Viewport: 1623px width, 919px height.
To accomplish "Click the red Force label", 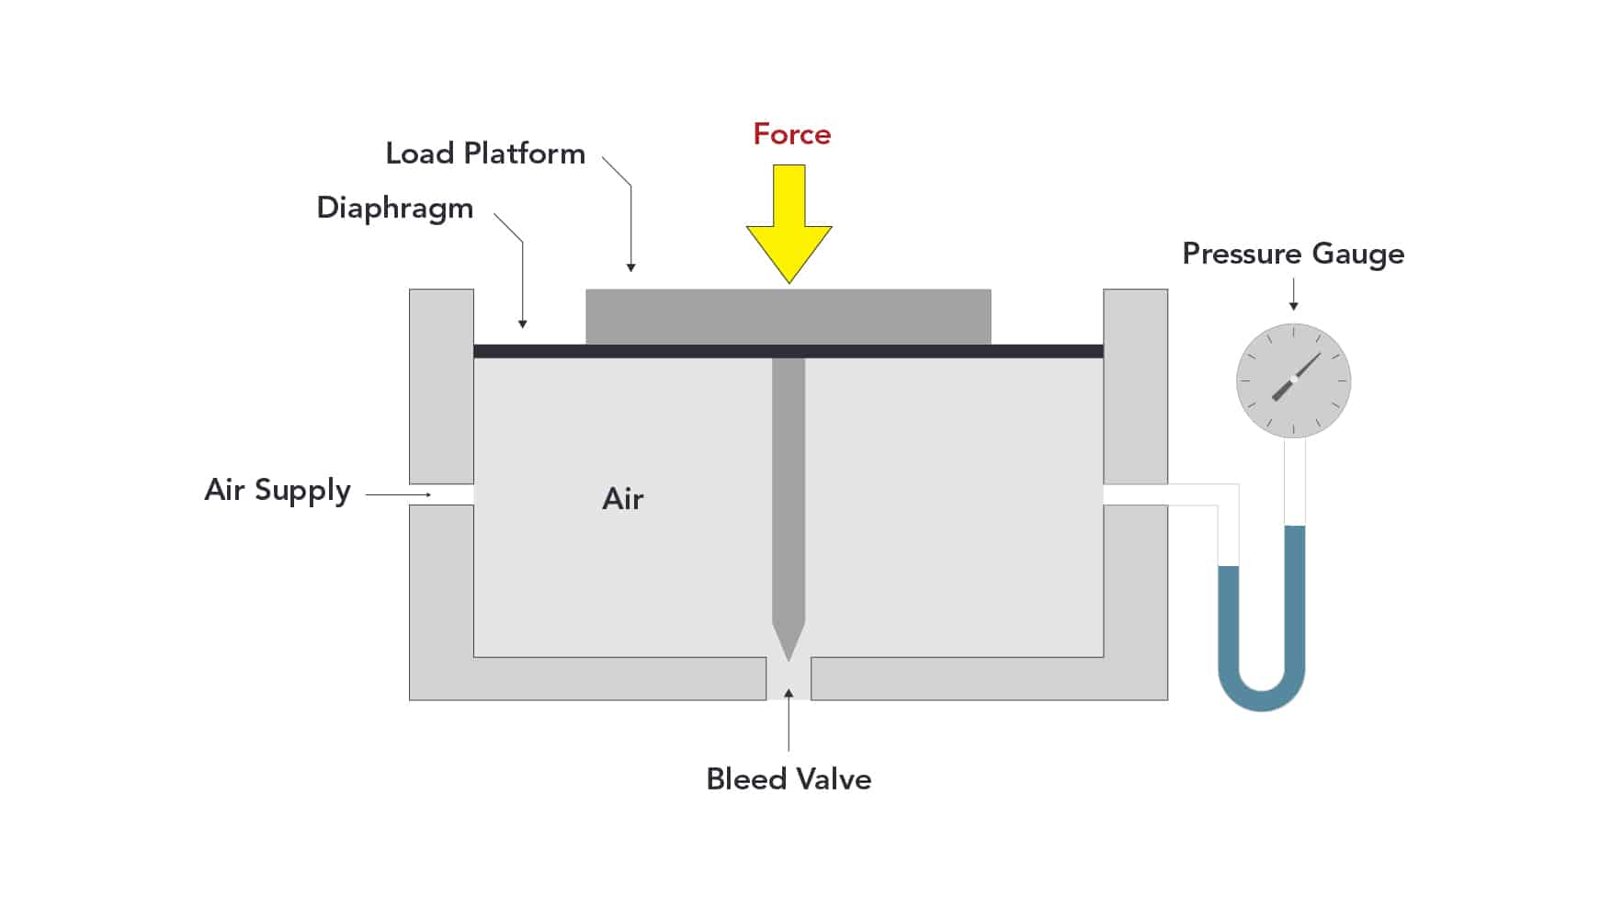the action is pos(791,134).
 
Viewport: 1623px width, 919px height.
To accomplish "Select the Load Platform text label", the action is pos(485,153).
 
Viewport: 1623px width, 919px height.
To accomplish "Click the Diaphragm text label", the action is pos(395,209).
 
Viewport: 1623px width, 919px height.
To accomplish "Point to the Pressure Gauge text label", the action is pos(1293,255).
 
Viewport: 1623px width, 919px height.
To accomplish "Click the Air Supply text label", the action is pos(278,491).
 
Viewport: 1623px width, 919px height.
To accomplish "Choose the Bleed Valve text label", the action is pos(789,779).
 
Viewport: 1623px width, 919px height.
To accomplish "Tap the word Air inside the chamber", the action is pos(623,499).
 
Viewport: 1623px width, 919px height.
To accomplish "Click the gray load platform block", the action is pos(789,317).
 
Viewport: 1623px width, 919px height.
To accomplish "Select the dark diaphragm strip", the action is pos(789,351).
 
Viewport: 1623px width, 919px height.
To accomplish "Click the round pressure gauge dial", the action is pos(1293,380).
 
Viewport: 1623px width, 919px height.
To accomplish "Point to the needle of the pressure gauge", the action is pos(1296,377).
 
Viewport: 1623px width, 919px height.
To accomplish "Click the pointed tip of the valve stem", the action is pos(789,659).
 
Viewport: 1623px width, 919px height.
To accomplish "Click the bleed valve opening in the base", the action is pos(789,679).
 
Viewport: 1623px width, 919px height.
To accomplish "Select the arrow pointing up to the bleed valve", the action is pos(789,720).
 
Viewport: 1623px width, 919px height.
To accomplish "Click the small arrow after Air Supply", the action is pos(399,494).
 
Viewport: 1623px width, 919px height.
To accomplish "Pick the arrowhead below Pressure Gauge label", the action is pos(1293,306).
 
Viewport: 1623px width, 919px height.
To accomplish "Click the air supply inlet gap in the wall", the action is pos(441,494).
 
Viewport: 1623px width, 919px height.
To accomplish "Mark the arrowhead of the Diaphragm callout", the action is pos(522,323).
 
